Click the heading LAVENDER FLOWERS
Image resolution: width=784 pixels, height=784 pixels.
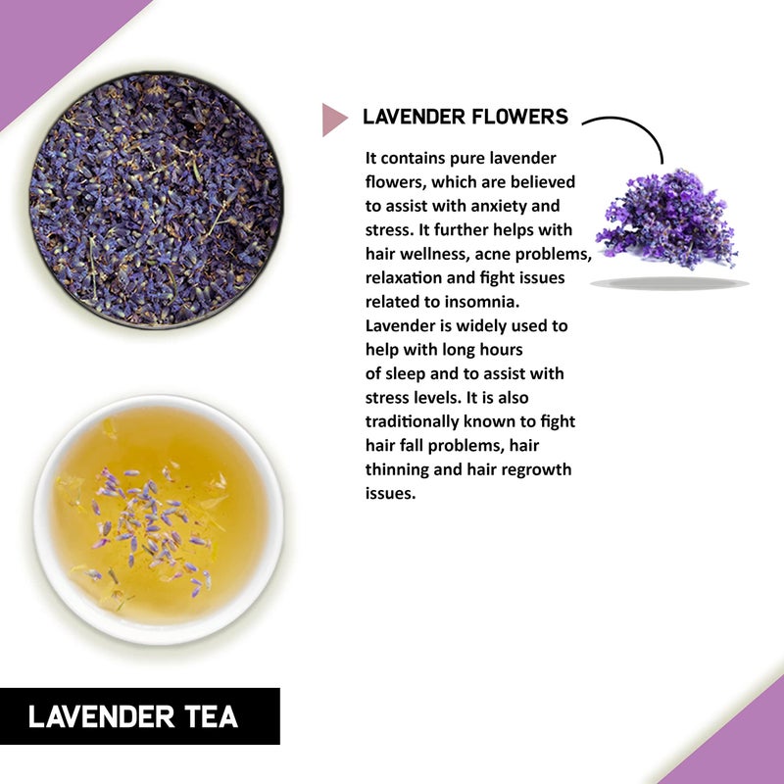point(465,117)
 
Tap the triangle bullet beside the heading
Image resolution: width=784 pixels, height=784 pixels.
point(334,119)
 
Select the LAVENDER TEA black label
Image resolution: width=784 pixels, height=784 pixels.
point(139,716)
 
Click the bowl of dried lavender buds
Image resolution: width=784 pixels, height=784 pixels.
point(156,200)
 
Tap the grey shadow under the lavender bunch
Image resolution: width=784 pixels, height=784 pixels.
point(669,283)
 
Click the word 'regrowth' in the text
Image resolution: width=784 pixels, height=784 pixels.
point(533,469)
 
